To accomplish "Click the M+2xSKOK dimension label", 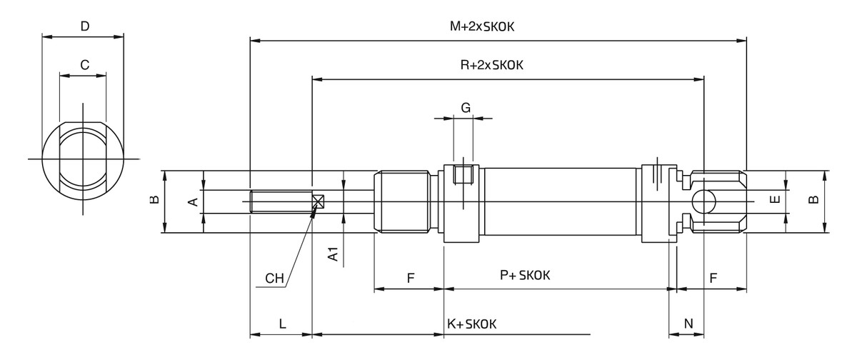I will coord(483,26).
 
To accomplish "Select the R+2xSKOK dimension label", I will coord(492,65).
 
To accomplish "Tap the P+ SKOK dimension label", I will coord(529,275).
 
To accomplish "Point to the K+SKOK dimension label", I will coord(471,324).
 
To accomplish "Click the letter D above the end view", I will coord(84,26).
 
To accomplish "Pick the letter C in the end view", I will coord(84,64).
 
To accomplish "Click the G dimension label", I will coord(466,108).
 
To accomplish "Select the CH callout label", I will coord(274,279).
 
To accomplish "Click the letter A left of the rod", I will coord(191,202).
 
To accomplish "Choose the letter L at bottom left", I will coord(282,324).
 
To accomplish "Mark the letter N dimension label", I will coord(688,324).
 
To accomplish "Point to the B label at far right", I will coord(813,201).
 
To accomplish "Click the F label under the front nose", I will coord(411,279).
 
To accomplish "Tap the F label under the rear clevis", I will coord(713,279).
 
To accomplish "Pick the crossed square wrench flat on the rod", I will coord(319,201).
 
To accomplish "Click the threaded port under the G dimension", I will coord(463,174).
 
